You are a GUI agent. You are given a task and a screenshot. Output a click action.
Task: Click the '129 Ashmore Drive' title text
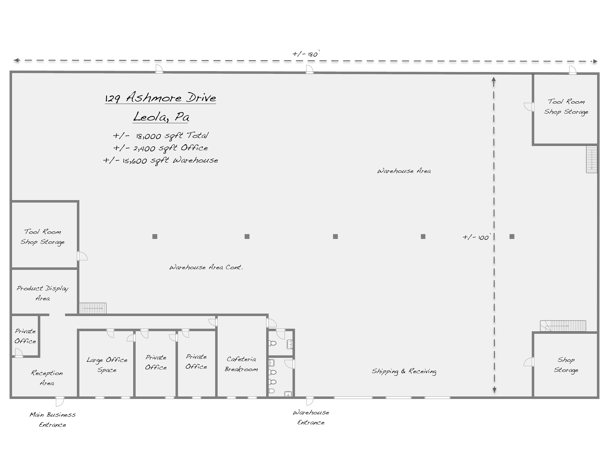point(161,98)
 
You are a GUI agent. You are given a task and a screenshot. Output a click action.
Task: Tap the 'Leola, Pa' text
point(161,117)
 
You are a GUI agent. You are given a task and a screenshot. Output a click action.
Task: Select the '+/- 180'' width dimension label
point(305,54)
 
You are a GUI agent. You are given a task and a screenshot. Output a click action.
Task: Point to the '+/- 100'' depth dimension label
point(476,237)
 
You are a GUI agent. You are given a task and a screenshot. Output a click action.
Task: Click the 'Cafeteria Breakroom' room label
point(241,364)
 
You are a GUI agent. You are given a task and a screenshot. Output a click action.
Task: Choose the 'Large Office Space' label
point(107,365)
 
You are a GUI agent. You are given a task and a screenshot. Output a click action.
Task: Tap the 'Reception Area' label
point(47,378)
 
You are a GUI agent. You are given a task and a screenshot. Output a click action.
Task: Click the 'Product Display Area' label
point(43,293)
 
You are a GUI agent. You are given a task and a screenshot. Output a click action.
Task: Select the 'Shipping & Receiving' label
point(404,371)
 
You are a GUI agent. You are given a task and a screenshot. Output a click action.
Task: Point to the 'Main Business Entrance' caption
point(53,420)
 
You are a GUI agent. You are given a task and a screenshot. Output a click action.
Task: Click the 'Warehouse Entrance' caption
point(311,417)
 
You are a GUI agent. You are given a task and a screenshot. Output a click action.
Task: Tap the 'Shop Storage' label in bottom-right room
point(566,365)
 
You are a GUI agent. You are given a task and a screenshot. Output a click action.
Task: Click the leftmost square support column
point(155,237)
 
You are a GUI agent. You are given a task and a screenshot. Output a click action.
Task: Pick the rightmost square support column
point(512,237)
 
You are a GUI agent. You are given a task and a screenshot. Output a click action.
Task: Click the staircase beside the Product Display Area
point(93,308)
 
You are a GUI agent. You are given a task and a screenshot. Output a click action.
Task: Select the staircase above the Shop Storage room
point(563,326)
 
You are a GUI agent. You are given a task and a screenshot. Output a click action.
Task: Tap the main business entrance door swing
point(60,402)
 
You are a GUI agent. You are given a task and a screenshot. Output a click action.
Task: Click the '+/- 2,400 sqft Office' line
point(161,148)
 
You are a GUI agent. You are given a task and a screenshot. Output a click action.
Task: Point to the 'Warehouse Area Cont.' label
point(206,267)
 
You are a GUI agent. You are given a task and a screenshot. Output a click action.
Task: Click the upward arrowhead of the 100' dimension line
point(494,79)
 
